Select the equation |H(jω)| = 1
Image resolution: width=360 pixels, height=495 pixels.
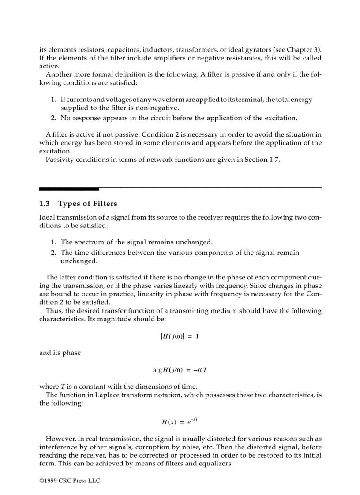coord(180,336)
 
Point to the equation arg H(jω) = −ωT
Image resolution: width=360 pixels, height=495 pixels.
coord(180,369)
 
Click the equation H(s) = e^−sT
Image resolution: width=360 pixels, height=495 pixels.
coord(180,421)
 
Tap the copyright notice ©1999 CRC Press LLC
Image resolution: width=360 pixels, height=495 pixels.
coord(70,480)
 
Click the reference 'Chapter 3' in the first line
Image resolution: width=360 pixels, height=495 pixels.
coord(304,49)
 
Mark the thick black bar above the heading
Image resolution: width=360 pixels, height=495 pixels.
coord(69,189)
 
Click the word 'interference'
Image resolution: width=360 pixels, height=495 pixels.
coord(57,447)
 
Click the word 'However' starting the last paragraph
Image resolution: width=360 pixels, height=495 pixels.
coord(59,439)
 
